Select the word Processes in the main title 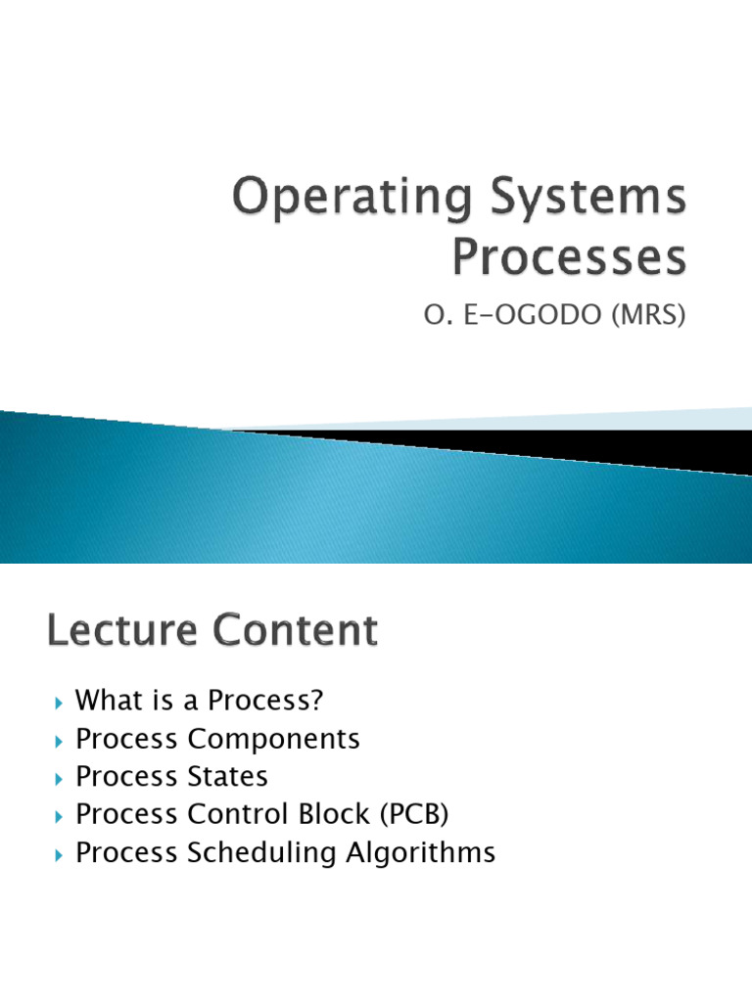568,258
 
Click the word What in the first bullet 106,701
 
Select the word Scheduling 260,852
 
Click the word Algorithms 420,852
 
